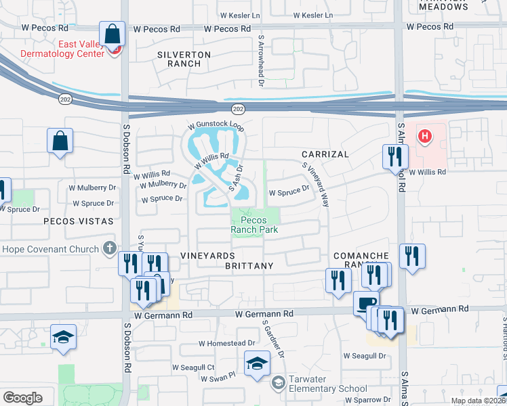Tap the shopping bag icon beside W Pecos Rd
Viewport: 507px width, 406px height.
click(111, 33)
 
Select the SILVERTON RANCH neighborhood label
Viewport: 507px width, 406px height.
click(184, 59)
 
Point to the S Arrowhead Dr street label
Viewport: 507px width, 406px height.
click(261, 62)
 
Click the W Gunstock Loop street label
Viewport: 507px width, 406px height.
click(215, 127)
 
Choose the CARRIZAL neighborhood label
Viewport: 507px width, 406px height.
click(325, 154)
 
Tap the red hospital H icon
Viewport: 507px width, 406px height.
click(424, 137)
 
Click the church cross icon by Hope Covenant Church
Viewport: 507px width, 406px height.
click(110, 248)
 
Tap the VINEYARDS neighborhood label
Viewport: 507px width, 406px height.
click(207, 256)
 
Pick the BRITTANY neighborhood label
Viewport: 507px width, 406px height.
click(249, 266)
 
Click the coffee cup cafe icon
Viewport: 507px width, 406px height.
click(365, 302)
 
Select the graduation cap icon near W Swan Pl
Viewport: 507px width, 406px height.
click(257, 363)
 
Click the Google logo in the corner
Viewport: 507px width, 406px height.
click(23, 398)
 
